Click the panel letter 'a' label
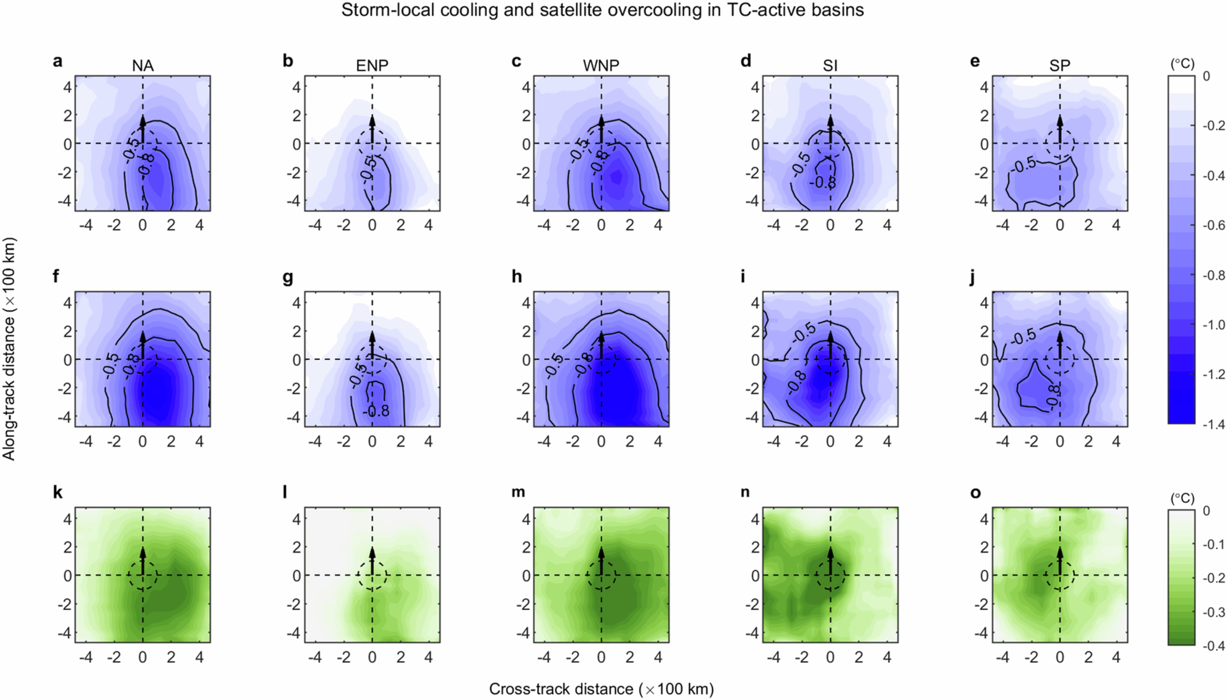click(x=58, y=62)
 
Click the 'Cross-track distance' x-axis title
click(x=601, y=689)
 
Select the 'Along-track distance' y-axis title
click(x=9, y=349)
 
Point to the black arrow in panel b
click(x=372, y=129)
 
